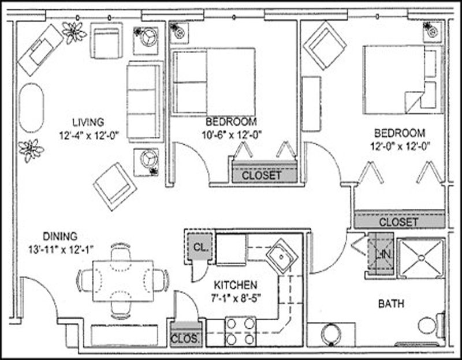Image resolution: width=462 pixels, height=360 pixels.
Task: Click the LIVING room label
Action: click(88, 122)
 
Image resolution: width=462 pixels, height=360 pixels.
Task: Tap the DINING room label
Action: click(60, 237)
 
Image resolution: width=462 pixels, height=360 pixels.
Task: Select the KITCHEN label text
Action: click(236, 285)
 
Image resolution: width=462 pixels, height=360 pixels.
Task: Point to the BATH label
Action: click(391, 303)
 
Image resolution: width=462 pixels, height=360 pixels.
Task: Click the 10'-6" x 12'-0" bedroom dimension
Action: click(232, 135)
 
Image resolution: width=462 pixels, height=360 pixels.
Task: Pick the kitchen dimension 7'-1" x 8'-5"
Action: click(236, 299)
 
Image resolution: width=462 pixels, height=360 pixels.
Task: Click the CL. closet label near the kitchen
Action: click(200, 247)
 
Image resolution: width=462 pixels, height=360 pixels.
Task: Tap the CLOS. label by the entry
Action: click(185, 339)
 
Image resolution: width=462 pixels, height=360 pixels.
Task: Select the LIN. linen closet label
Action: click(383, 254)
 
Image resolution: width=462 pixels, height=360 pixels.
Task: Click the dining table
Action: click(123, 281)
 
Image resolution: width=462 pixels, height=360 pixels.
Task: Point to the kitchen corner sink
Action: click(282, 257)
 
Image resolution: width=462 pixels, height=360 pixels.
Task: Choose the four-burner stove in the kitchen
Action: click(240, 332)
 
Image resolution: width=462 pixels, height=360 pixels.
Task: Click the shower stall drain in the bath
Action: click(422, 258)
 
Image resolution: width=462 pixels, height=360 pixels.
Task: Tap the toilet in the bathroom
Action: click(431, 325)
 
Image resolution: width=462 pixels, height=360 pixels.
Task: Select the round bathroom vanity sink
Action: click(331, 335)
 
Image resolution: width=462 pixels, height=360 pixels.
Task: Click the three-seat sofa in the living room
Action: click(145, 102)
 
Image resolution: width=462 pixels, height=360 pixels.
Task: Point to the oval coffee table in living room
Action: click(31, 108)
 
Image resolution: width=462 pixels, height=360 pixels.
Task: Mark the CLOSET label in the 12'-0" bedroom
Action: click(398, 222)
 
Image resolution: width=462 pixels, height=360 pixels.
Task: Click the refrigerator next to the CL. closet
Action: click(232, 250)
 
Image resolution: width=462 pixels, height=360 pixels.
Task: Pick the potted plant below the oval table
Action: click(31, 151)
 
